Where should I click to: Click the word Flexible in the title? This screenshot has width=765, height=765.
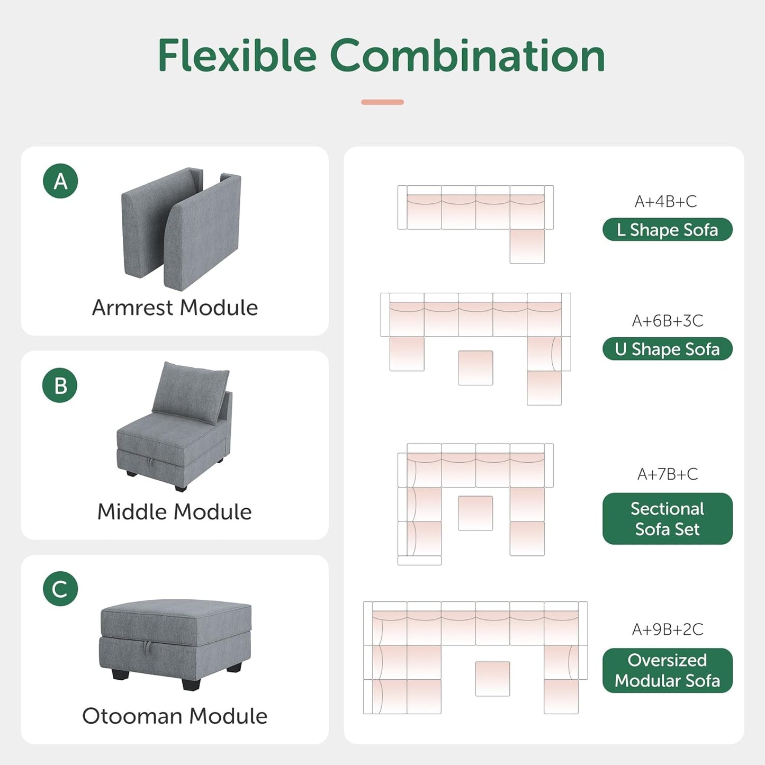tap(237, 56)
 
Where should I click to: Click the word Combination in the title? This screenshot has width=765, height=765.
tap(467, 56)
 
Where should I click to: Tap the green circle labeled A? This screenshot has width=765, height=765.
tap(60, 181)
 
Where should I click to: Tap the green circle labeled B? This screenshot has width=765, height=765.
tap(60, 385)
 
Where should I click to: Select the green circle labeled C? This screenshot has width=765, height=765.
tap(60, 589)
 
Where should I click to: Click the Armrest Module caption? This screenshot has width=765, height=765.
tap(175, 308)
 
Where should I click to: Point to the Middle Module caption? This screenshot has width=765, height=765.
tap(175, 511)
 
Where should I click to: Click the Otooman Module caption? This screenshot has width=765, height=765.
tap(175, 716)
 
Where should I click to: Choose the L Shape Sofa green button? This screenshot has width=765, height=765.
tap(667, 230)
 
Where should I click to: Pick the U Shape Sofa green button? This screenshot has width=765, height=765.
tap(667, 349)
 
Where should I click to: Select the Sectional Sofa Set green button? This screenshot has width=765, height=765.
tap(667, 518)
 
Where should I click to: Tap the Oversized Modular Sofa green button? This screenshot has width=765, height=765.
tap(667, 670)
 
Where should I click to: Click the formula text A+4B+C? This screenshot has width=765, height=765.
tap(665, 202)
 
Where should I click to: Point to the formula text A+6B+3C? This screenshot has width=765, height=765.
tap(667, 321)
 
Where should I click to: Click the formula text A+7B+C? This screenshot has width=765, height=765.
tap(667, 474)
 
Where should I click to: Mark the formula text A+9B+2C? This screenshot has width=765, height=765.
tap(667, 629)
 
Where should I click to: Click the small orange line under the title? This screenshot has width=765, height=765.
tap(382, 102)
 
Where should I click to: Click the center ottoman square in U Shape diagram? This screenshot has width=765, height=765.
tap(475, 368)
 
